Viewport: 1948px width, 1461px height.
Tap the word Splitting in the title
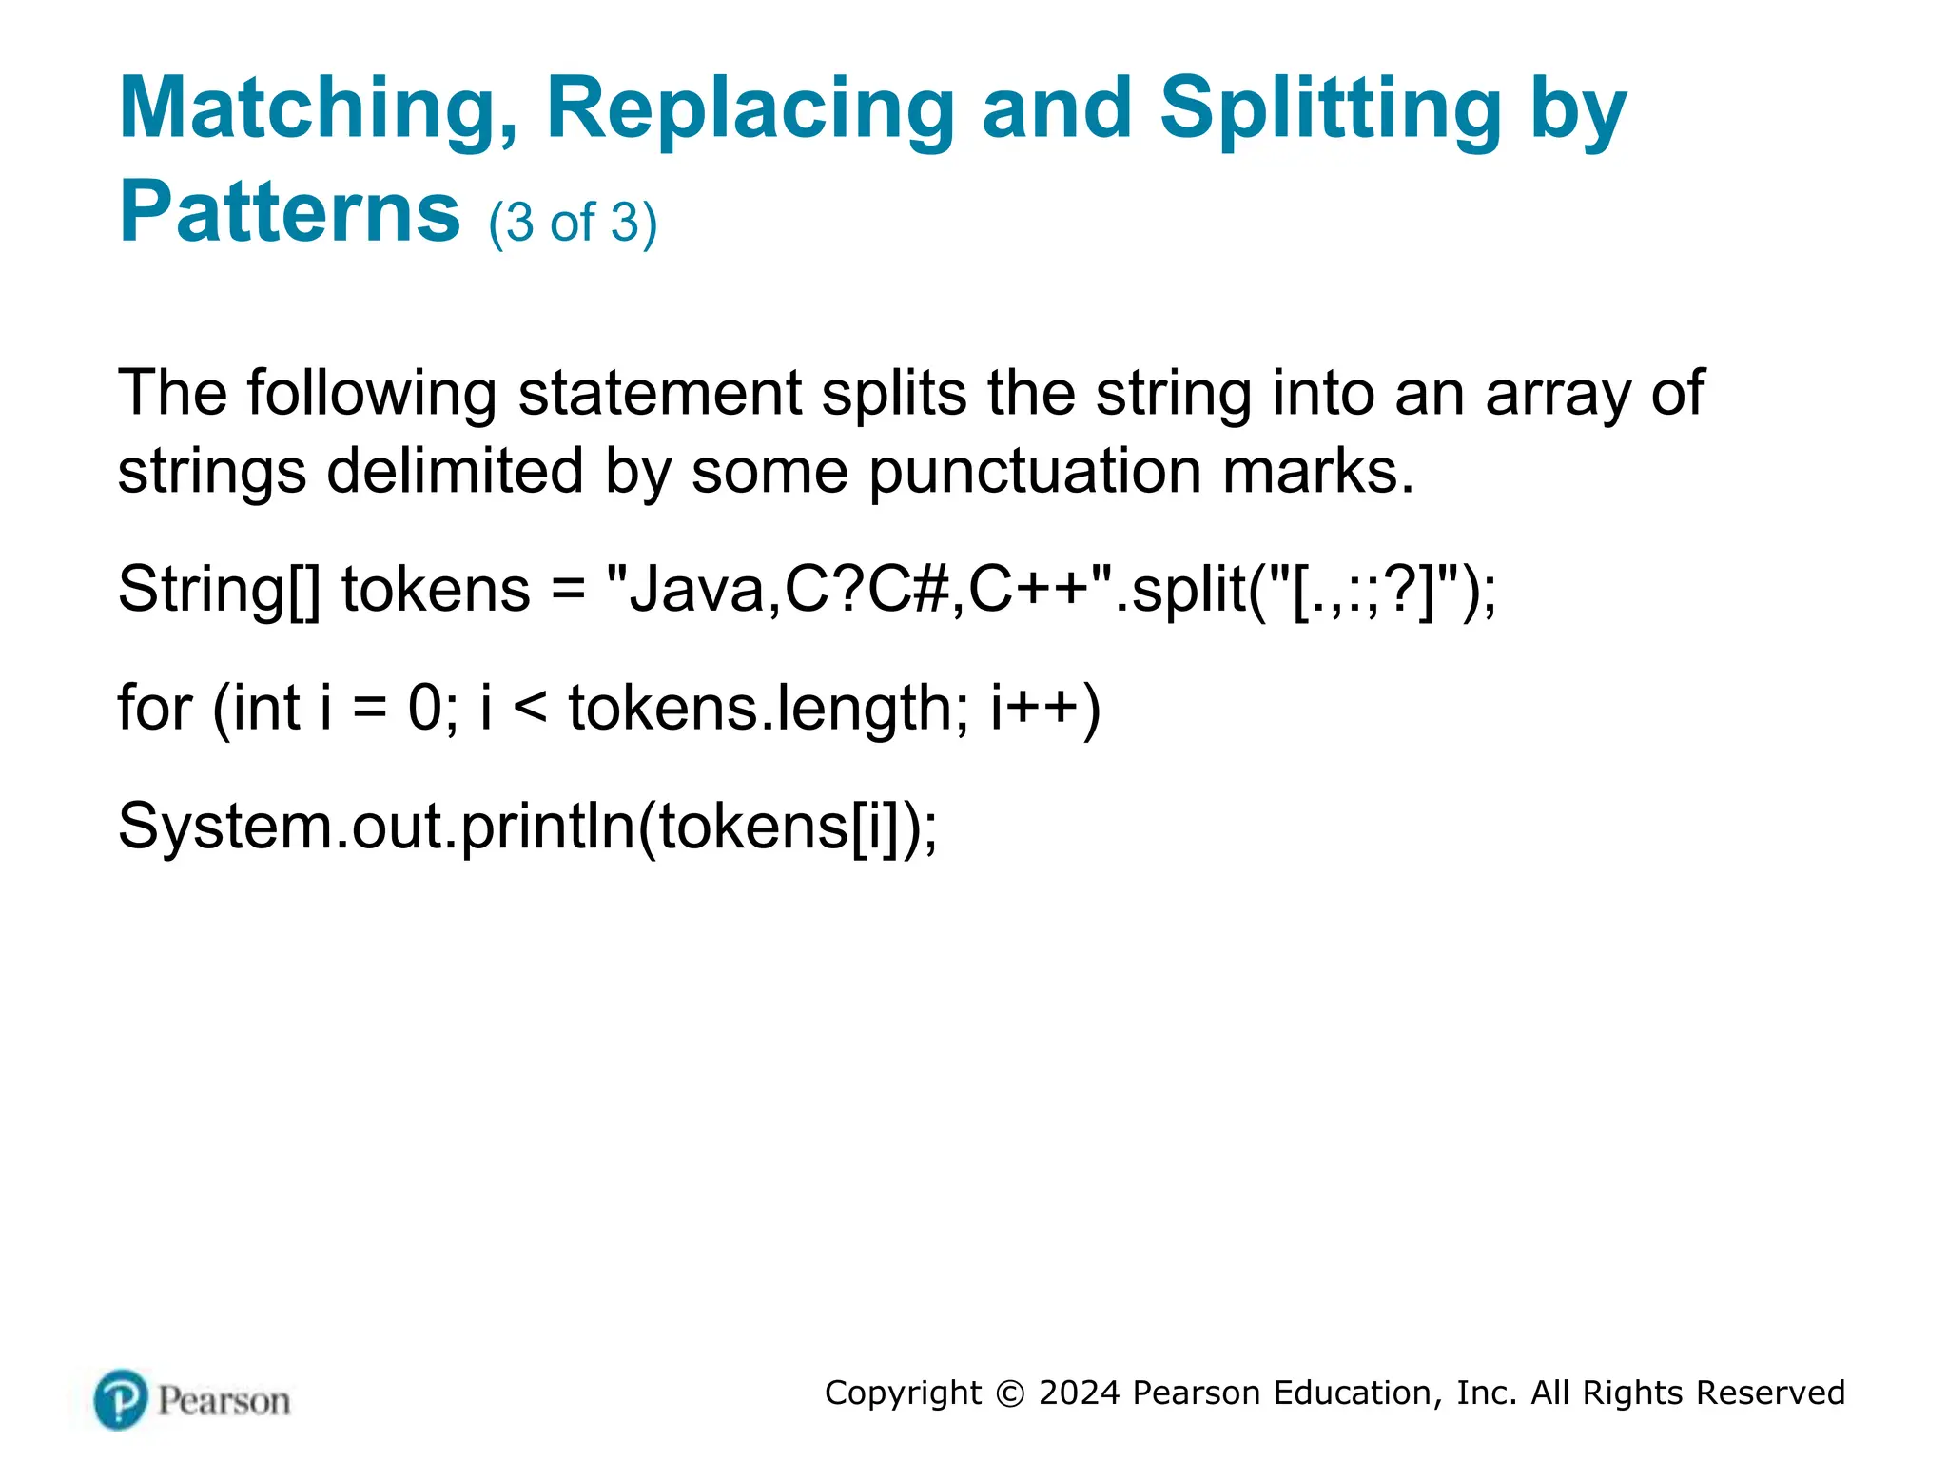1330,110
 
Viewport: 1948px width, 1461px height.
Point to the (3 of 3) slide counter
573,223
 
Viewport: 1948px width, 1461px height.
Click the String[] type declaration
219,590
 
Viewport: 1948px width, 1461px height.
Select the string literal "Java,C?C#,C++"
860,590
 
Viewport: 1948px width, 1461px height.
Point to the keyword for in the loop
154,709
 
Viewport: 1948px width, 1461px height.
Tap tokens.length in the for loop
769,709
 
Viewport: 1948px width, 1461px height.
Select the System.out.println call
527,827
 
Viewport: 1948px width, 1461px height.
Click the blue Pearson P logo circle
121,1399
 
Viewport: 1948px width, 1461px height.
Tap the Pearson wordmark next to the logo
224,1401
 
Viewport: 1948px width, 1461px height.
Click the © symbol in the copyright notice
1010,1393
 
